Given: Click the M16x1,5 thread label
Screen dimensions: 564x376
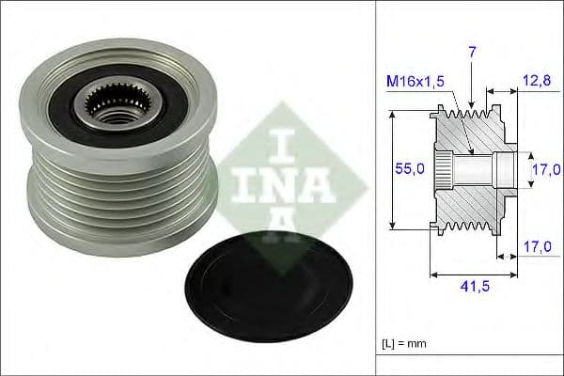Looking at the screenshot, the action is (415, 82).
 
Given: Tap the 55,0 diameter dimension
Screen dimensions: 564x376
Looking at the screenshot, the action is (410, 168).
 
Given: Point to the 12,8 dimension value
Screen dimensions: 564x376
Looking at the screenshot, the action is (537, 81).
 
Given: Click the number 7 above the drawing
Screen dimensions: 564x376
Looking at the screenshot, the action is (472, 53).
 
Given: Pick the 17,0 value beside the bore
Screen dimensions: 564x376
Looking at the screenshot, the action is (546, 169).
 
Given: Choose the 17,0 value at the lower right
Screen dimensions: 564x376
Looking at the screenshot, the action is (537, 247).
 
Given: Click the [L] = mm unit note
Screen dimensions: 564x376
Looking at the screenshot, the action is (404, 344).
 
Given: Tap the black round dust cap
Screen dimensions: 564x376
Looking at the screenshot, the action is (268, 288).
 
